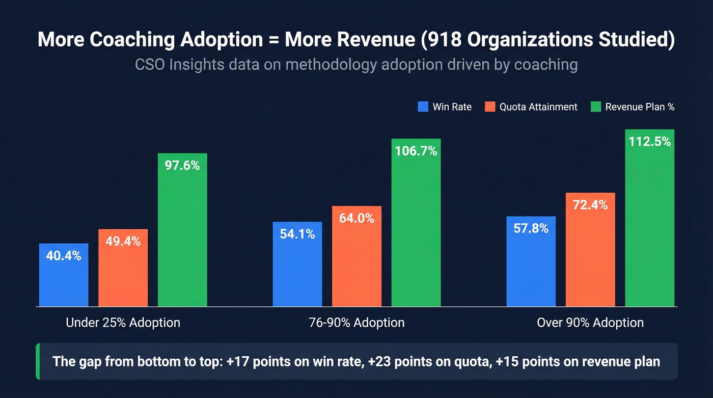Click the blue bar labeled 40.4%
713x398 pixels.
coord(64,275)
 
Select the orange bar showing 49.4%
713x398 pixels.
coord(123,268)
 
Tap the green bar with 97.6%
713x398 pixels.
coord(182,230)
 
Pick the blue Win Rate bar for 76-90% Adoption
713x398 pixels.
coord(297,264)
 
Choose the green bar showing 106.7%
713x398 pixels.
coord(416,223)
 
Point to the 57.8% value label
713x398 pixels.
coord(531,229)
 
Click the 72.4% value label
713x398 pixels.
coord(590,205)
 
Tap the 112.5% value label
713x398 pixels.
coord(649,142)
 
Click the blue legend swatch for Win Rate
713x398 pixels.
coord(423,107)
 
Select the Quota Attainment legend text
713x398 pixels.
coord(538,107)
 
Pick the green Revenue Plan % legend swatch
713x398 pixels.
coord(595,107)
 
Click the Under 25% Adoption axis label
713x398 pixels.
coord(123,323)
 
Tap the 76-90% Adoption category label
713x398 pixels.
coord(356,323)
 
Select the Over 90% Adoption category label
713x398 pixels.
coord(590,323)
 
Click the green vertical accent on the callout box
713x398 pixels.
coord(38,361)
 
